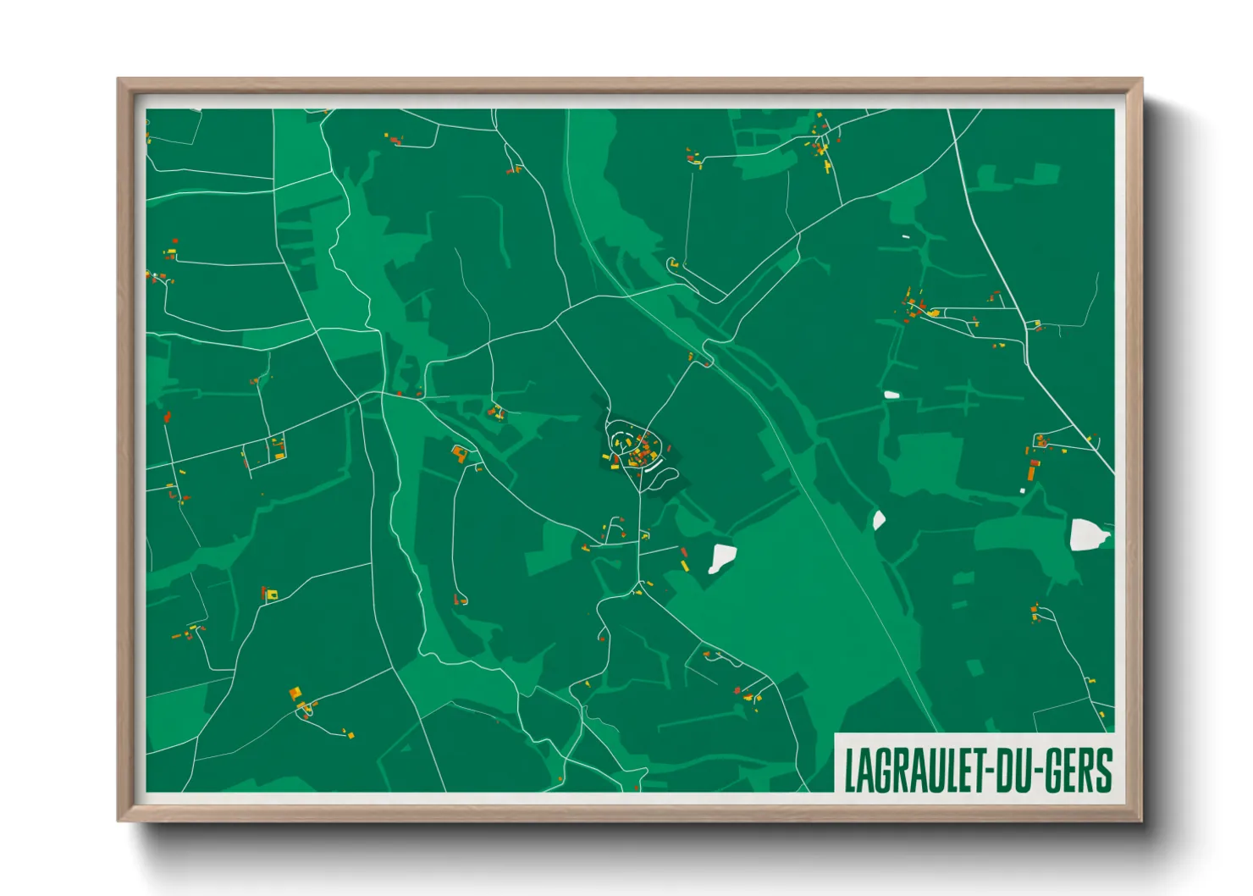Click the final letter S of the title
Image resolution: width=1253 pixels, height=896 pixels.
(1102, 771)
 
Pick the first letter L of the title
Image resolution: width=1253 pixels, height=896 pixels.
(851, 771)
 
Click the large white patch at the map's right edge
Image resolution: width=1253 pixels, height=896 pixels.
(1088, 535)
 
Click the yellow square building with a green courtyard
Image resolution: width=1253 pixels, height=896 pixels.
(272, 595)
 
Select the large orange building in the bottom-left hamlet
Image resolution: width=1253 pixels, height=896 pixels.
(295, 694)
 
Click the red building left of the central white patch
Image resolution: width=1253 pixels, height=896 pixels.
(684, 553)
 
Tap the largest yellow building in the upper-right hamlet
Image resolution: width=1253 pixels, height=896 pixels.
(934, 313)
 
